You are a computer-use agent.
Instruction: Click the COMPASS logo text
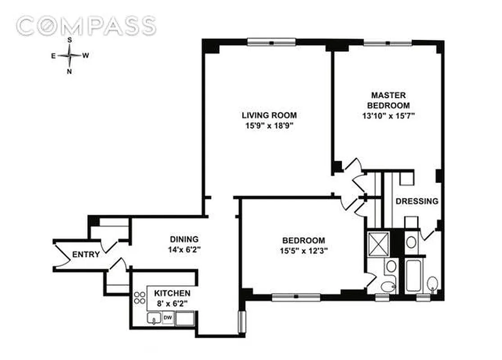86,26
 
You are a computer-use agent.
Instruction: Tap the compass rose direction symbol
70,55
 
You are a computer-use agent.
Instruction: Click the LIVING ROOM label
269,115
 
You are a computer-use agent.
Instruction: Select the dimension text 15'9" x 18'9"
269,126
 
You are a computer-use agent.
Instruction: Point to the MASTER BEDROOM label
389,100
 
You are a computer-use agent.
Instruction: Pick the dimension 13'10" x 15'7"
389,116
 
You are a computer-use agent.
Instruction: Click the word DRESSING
416,201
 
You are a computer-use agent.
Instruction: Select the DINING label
184,239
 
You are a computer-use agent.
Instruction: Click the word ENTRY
86,255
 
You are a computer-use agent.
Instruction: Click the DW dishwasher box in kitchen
167,318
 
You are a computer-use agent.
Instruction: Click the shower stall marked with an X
378,243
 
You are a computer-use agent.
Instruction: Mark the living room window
271,42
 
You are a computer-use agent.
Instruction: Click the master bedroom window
388,43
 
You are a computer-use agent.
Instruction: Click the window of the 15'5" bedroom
296,297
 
